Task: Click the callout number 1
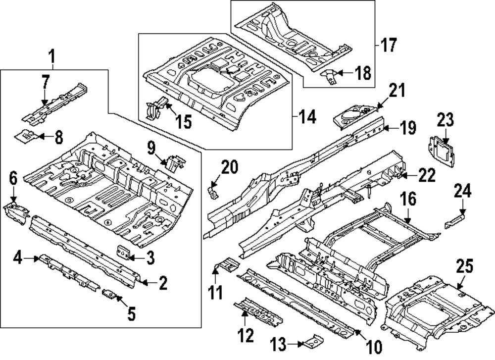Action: [x=51, y=58]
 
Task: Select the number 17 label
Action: [x=389, y=46]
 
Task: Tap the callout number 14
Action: [x=307, y=118]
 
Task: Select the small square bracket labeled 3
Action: [x=123, y=252]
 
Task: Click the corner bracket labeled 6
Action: [x=15, y=212]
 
